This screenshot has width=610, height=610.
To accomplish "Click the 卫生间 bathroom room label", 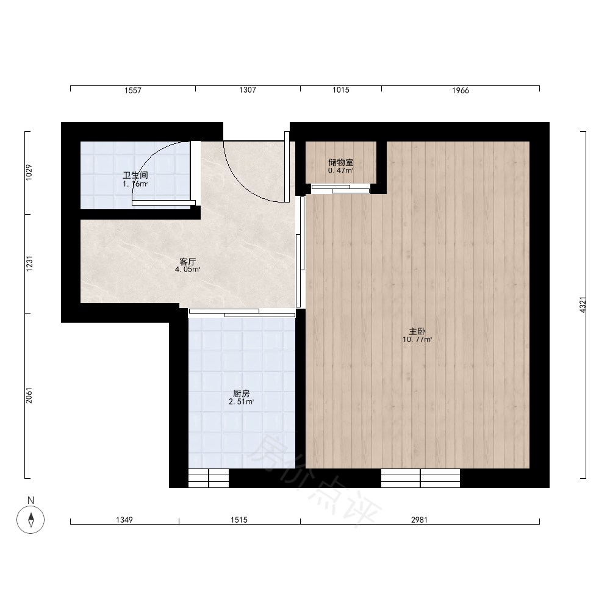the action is [135, 175].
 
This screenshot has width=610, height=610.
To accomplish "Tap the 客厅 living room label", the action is [187, 262].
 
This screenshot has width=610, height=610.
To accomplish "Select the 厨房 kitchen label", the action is [241, 393].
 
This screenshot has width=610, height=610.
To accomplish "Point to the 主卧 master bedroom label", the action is [417, 331].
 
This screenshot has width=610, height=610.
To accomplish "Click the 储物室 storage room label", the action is [341, 163].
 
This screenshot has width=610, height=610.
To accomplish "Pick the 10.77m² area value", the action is [417, 340].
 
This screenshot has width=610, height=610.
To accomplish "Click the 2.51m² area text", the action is [241, 402].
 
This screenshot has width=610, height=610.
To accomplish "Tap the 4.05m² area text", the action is [187, 269].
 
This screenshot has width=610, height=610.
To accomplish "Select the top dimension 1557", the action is [133, 90].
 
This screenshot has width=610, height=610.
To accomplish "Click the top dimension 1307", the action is [248, 90].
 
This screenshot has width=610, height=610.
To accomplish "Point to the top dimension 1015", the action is [341, 90].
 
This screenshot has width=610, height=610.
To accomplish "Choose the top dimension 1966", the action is [461, 90].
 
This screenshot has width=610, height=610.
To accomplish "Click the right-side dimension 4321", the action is [583, 304].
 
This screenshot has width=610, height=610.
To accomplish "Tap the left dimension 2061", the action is [29, 395].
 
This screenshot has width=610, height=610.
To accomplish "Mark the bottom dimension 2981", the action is [420, 520].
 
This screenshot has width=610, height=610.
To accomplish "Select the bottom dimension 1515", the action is [239, 520].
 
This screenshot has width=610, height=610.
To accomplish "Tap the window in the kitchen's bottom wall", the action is [209, 478].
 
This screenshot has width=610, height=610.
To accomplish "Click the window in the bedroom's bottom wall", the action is [420, 478].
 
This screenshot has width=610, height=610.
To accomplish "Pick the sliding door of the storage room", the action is [340, 188].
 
